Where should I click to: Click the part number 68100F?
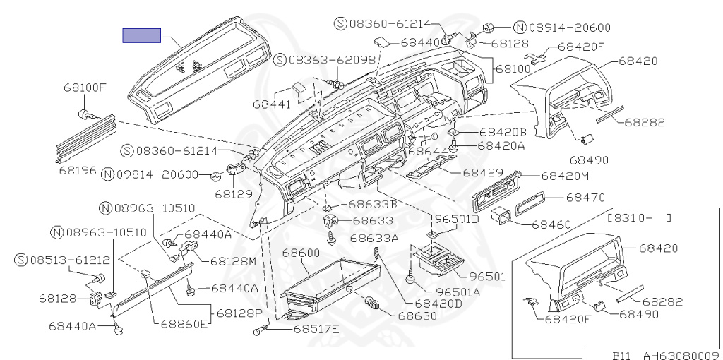point(84,88)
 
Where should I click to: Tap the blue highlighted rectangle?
point(142,35)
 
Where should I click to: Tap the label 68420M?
point(565,176)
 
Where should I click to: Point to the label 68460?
point(551,224)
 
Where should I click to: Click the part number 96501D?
point(456,219)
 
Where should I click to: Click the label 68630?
point(417,316)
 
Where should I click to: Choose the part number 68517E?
point(317,329)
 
